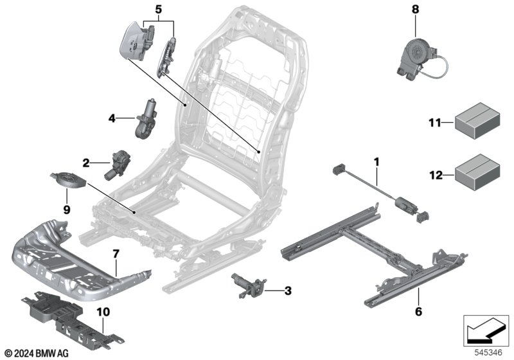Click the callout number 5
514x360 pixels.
158,10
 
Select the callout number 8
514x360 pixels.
415,9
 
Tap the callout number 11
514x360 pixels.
435,123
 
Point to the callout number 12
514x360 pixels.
436,175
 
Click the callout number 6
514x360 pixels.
419,311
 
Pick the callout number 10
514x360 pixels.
103,312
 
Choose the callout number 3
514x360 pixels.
288,291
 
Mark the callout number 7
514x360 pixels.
116,254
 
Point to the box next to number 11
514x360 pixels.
477,120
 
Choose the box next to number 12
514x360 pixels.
477,172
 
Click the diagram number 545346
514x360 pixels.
488,353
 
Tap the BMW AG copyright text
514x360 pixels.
37,354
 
